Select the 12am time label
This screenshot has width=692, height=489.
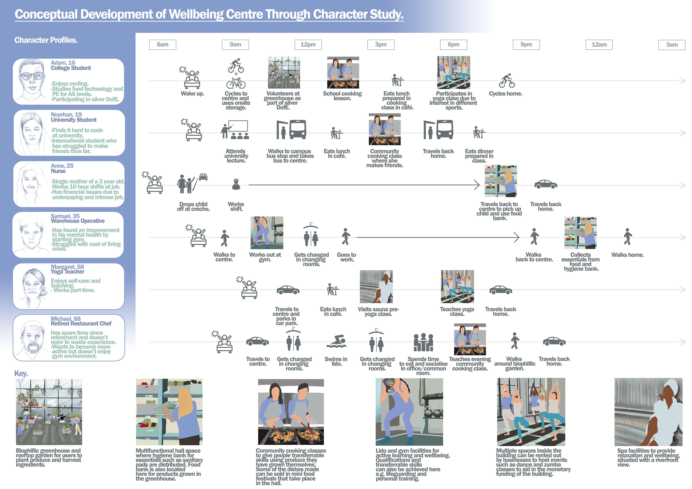(599, 45)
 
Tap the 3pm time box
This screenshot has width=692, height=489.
(381, 45)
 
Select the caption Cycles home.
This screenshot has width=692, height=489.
(505, 94)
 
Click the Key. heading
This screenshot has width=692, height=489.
(21, 374)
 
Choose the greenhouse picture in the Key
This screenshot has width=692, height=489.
(49, 412)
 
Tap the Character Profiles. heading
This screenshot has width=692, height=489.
(46, 40)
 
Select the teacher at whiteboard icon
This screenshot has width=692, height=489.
(235, 130)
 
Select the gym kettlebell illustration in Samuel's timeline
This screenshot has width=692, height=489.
(267, 233)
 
